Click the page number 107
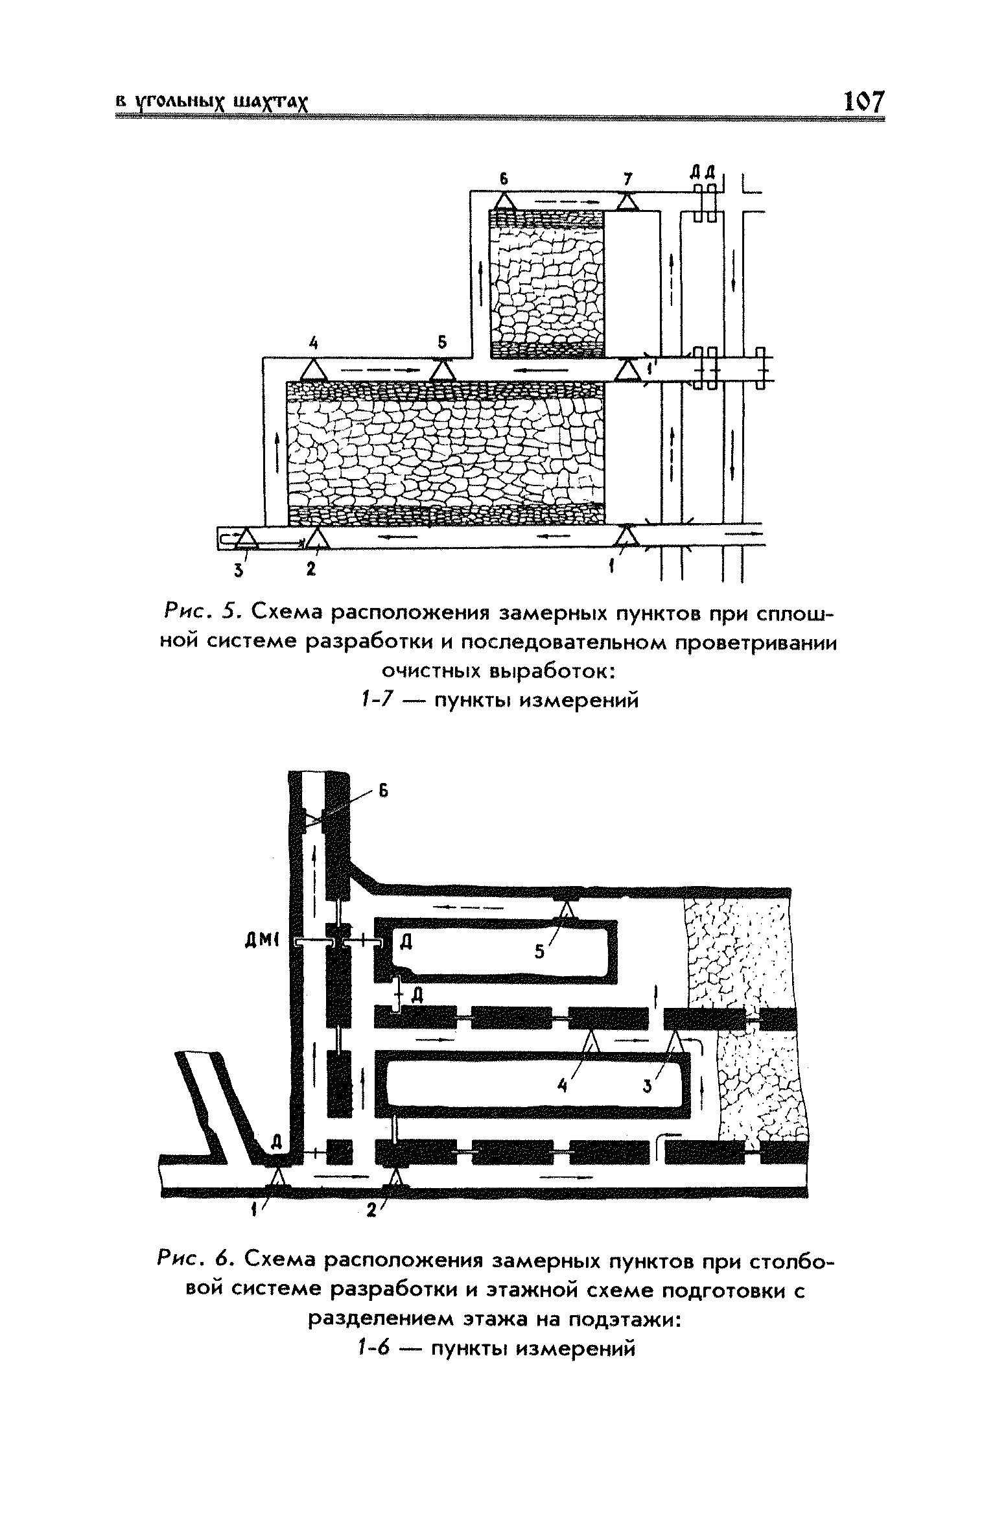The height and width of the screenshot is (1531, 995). (x=863, y=102)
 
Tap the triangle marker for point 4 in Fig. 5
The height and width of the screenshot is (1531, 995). (x=313, y=370)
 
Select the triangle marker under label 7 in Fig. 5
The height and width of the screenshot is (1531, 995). (x=627, y=202)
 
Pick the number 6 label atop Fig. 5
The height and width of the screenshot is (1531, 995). (x=503, y=177)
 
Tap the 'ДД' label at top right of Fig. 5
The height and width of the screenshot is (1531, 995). (x=702, y=172)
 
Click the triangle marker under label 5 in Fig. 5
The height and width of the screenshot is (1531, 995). (x=442, y=370)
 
